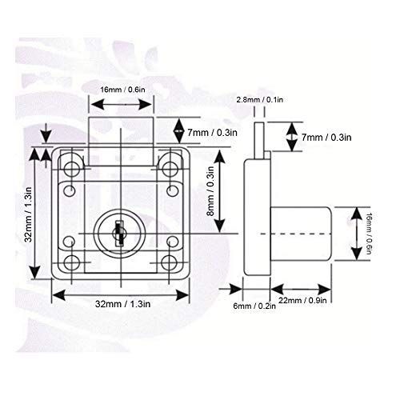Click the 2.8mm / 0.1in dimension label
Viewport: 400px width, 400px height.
point(261,99)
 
